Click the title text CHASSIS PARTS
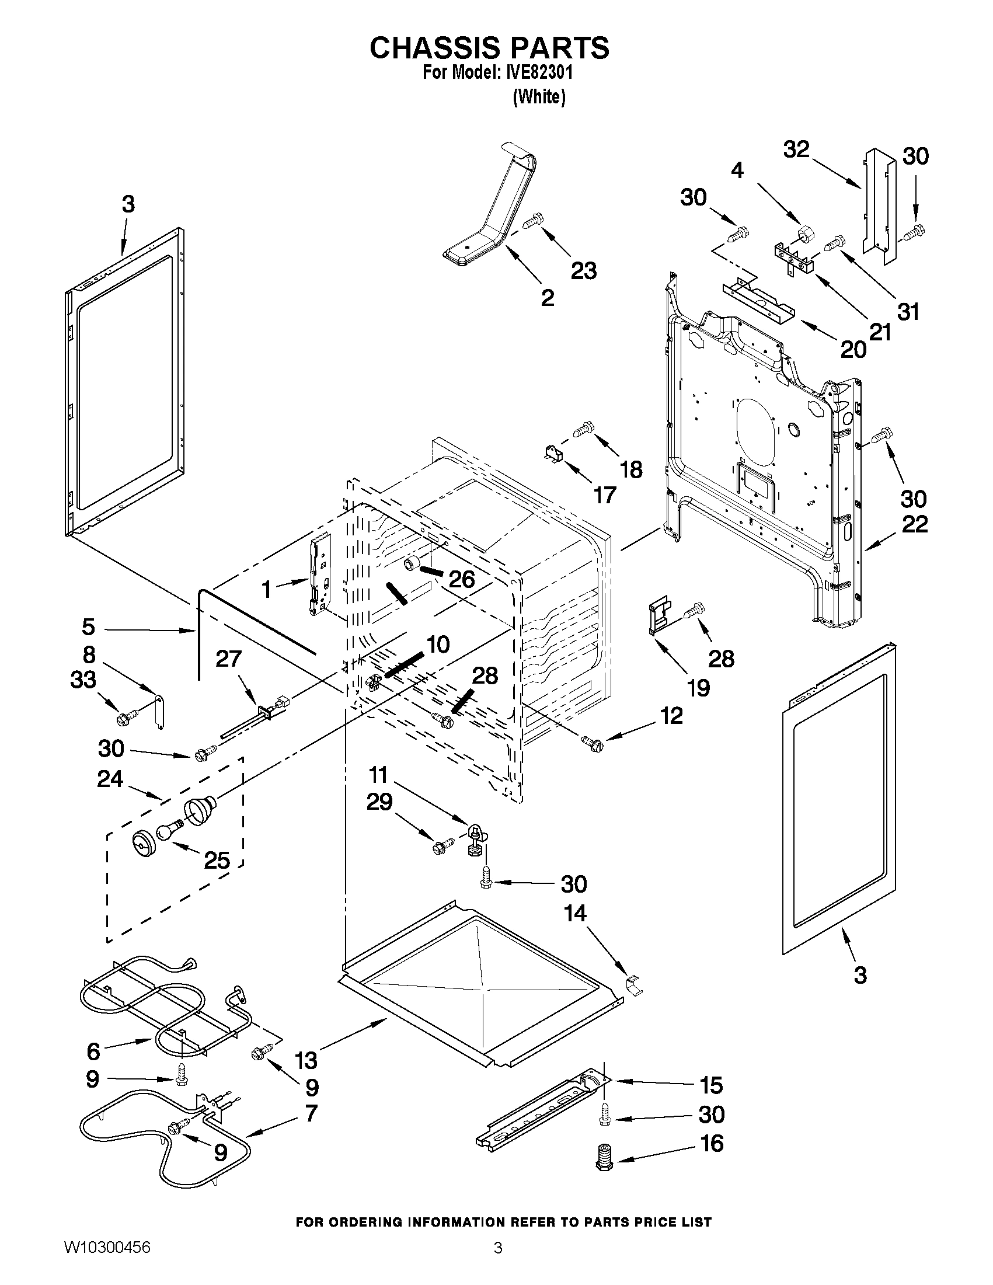click(489, 48)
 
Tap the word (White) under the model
click(539, 96)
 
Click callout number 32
click(796, 149)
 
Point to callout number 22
click(915, 524)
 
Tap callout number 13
click(306, 1060)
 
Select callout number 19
click(699, 687)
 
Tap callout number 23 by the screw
click(583, 270)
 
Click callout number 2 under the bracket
click(547, 298)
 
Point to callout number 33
click(83, 680)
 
